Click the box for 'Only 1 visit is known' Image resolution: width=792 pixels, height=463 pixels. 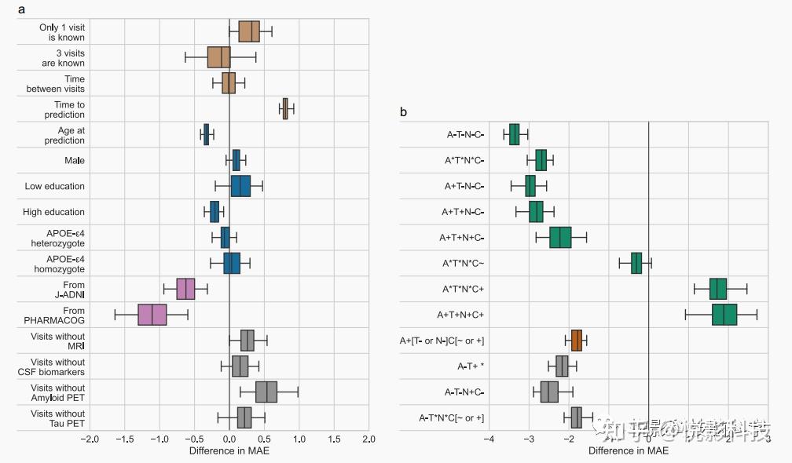pos(249,31)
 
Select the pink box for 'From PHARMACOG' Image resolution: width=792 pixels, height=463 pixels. pos(152,315)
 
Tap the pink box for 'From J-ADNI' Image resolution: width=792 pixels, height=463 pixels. pos(185,289)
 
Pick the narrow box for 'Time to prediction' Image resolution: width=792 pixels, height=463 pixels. pos(285,109)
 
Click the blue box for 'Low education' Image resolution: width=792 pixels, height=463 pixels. pos(240,186)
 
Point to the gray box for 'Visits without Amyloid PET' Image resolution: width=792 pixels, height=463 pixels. pos(266,392)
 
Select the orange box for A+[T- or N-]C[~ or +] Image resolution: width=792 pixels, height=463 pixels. pos(577,340)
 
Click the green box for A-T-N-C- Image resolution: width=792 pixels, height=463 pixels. pos(515,134)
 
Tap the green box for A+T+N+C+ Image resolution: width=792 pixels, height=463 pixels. pos(724,315)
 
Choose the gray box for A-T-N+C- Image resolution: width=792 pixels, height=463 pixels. pos(549,392)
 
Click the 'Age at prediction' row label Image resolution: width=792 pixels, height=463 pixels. pos(64,135)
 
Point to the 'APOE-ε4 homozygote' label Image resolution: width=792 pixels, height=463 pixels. pos(65,264)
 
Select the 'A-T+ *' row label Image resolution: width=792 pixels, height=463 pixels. pos(471,366)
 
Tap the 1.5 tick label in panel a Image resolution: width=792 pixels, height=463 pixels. pos(334,438)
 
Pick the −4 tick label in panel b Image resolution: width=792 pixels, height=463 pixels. pos(489,439)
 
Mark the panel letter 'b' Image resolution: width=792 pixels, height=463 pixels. pos(404,112)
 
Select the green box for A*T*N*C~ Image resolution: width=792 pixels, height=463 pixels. pos(636,263)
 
